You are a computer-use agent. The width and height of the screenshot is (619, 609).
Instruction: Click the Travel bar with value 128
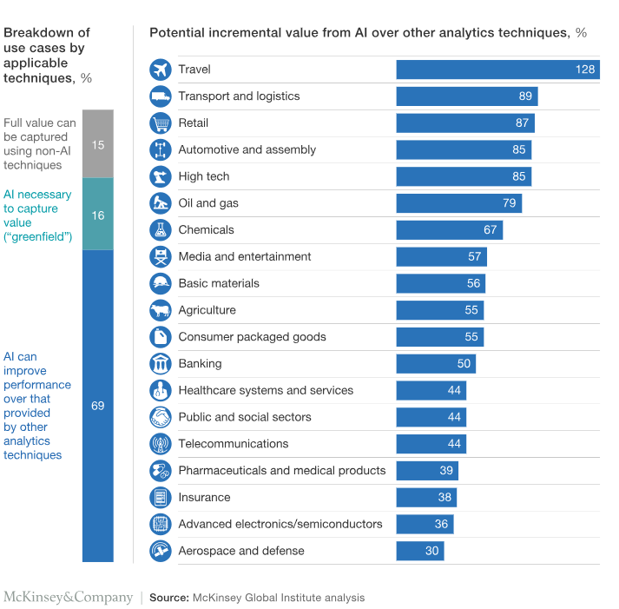497,70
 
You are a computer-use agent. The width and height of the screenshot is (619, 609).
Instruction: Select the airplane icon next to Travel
161,70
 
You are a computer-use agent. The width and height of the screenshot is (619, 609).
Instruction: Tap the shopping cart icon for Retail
161,123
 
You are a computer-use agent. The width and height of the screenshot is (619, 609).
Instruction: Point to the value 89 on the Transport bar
524,96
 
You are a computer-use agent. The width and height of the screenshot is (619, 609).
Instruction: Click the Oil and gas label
208,203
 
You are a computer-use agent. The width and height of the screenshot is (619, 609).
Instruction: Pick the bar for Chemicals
449,230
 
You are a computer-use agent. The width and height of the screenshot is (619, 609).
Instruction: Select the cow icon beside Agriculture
161,310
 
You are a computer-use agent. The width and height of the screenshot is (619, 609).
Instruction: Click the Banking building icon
161,364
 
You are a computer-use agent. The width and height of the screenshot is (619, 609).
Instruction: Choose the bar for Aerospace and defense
419,551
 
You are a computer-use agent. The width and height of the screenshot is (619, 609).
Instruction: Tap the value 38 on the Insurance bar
444,498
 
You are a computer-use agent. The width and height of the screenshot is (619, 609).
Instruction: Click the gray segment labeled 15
98,144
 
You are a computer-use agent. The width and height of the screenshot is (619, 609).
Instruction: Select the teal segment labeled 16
98,215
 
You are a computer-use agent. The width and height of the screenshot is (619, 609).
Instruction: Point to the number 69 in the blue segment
98,406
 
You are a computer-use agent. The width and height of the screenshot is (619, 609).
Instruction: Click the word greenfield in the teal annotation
40,236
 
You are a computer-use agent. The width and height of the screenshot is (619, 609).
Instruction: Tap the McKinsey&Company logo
68,598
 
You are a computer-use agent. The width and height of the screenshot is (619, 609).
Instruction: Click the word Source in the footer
168,598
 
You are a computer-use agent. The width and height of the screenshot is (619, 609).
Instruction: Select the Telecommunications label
233,444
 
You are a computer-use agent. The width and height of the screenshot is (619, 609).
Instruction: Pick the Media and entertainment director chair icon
161,257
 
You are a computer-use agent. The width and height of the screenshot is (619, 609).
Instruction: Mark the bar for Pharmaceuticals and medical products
426,471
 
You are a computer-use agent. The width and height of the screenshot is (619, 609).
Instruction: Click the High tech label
204,176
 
